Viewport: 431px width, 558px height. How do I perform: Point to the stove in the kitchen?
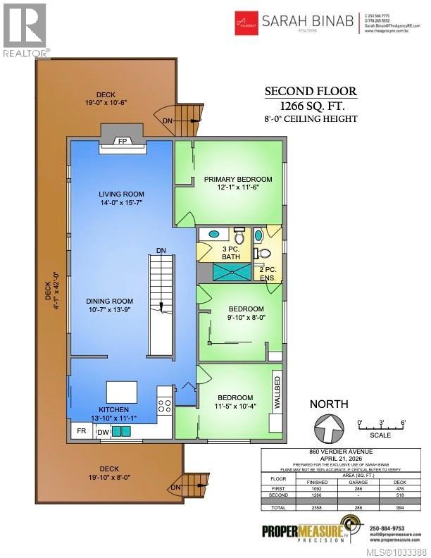pyautogui.click(x=165, y=405)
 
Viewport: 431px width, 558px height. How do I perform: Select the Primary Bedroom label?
pyautogui.click(x=237, y=180)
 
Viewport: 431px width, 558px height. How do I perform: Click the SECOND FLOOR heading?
pyautogui.click(x=311, y=91)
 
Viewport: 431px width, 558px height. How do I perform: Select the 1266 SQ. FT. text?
pyautogui.click(x=311, y=106)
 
